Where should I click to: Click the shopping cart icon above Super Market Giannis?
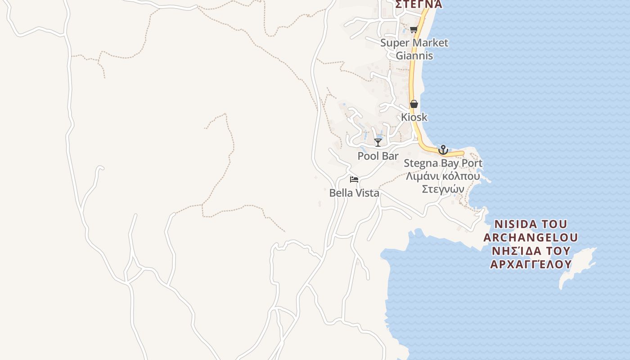pos(414,30)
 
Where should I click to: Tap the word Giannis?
pos(414,56)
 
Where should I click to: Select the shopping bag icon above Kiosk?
pos(414,104)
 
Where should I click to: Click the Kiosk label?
pos(414,117)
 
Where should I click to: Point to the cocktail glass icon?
pos(378,143)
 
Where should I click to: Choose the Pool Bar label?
pos(378,156)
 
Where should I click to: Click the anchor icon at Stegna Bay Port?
pos(443,150)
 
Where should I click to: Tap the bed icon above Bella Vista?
pos(354,180)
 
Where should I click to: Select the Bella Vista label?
pos(354,193)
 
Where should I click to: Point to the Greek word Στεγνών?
pos(443,189)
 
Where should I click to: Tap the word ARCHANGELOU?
pos(531,238)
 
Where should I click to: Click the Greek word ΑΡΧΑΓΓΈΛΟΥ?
pos(531,264)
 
